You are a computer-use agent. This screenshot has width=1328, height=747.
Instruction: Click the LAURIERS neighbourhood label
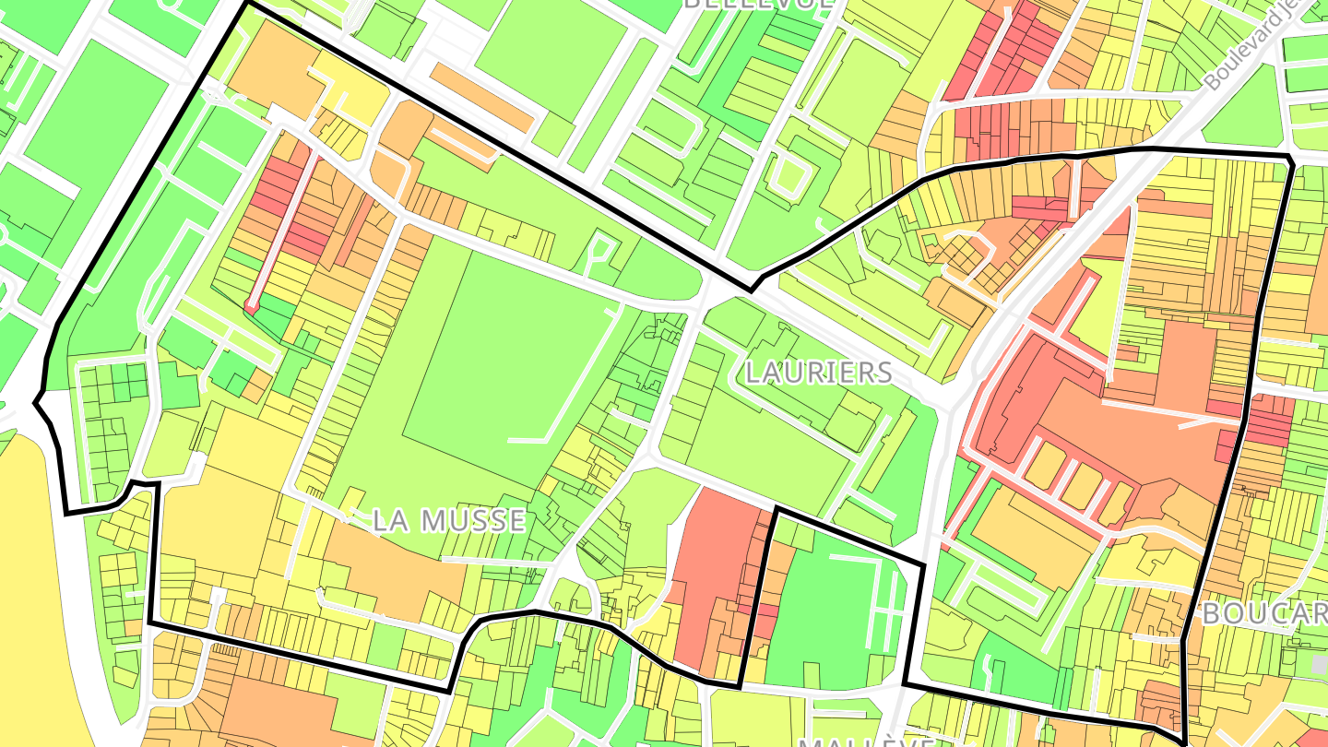click(818, 373)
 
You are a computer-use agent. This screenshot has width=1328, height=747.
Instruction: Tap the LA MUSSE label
click(448, 521)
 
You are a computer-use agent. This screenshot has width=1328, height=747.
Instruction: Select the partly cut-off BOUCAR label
click(1263, 614)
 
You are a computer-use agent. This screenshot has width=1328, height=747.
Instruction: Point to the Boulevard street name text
click(1263, 46)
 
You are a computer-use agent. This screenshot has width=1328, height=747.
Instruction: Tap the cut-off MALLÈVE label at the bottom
click(867, 741)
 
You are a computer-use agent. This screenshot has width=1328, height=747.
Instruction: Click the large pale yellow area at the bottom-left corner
click(28, 599)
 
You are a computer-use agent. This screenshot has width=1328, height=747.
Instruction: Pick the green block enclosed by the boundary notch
click(821, 609)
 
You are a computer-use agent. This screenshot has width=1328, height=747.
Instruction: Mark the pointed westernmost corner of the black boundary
click(36, 402)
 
